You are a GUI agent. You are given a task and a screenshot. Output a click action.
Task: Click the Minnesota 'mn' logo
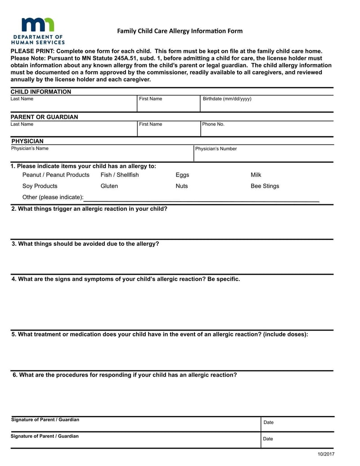pos(38,25)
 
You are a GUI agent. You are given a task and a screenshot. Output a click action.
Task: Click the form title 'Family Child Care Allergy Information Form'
pos(180,31)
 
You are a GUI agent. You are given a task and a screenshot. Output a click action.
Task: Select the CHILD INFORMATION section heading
pos(41,92)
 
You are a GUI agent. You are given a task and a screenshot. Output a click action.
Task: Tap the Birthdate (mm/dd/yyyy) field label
pos(227,99)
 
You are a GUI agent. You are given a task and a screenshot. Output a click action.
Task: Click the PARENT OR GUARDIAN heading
pos(44,117)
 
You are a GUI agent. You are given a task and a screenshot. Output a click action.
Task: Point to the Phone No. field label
pos(213,124)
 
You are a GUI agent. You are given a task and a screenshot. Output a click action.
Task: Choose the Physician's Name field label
pos(30,148)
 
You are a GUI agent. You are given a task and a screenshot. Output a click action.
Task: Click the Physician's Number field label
pos(216,149)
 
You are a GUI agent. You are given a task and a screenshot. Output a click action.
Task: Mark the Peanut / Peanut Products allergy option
pos(56,175)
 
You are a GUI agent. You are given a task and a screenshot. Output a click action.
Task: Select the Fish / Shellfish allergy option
pos(120,175)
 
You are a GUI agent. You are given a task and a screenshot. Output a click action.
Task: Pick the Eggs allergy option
pos(182,175)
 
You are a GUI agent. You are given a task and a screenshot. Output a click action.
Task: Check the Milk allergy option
pos(256,175)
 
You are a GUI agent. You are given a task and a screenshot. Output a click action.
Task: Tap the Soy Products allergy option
pos(40,186)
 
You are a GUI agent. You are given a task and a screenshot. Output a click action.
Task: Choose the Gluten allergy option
pos(109,186)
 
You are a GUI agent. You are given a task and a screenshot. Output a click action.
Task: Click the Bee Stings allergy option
pos(265,186)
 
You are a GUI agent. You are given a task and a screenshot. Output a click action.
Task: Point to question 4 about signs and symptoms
pos(126,279)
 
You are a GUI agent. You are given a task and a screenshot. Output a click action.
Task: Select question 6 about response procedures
pos(124,375)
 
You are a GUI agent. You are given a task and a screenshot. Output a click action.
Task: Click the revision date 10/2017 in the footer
pos(326,454)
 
